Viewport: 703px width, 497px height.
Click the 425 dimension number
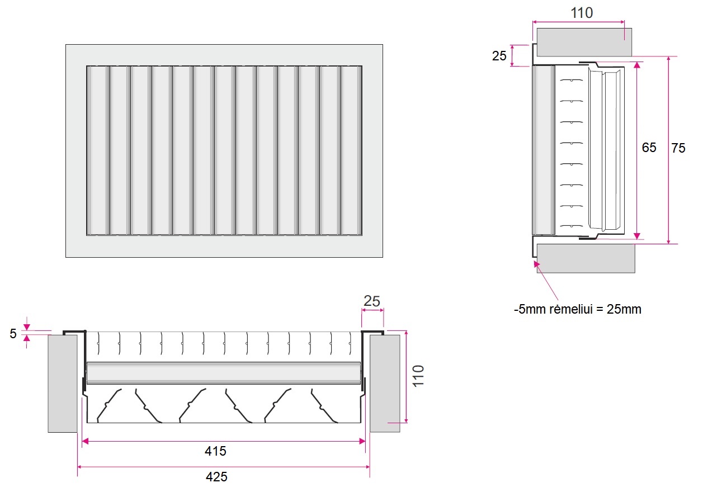coord(216,477)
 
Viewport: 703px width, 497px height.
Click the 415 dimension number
coord(215,451)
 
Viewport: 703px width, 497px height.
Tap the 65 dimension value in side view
coord(649,148)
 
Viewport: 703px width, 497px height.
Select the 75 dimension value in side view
coord(678,148)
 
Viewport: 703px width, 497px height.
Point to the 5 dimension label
coord(13,334)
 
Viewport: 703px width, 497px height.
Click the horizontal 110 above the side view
coord(582,13)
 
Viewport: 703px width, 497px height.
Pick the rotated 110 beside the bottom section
coord(418,376)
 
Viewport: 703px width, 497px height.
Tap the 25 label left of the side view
coord(499,56)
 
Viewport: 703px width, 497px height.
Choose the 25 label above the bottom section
coord(372,301)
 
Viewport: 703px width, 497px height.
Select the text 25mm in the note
coord(624,309)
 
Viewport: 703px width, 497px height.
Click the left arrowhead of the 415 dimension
coord(85,442)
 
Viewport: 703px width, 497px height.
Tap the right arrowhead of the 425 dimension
coord(367,467)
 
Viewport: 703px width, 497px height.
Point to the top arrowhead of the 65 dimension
coord(637,65)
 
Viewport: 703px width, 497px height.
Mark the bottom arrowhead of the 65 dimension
coord(637,236)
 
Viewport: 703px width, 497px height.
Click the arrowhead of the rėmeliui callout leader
coord(536,264)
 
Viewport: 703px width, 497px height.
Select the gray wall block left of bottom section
coord(63,384)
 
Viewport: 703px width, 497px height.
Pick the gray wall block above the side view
coord(584,42)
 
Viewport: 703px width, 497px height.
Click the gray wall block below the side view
coord(586,258)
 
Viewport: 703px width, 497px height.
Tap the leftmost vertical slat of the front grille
coord(98,150)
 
